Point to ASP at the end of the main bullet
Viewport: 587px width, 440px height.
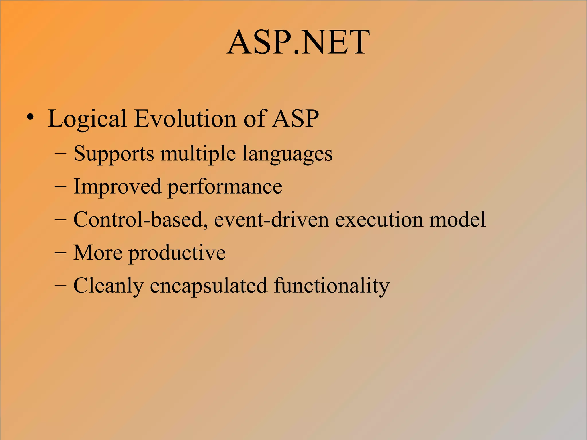[296, 118]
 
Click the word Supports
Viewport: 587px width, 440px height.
[114, 154]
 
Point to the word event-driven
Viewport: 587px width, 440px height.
[271, 220]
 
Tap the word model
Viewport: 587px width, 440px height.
[457, 220]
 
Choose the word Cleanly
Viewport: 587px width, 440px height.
[108, 286]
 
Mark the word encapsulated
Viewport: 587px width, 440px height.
[209, 286]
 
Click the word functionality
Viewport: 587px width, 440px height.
[332, 286]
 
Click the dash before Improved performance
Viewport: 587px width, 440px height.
[60, 187]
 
